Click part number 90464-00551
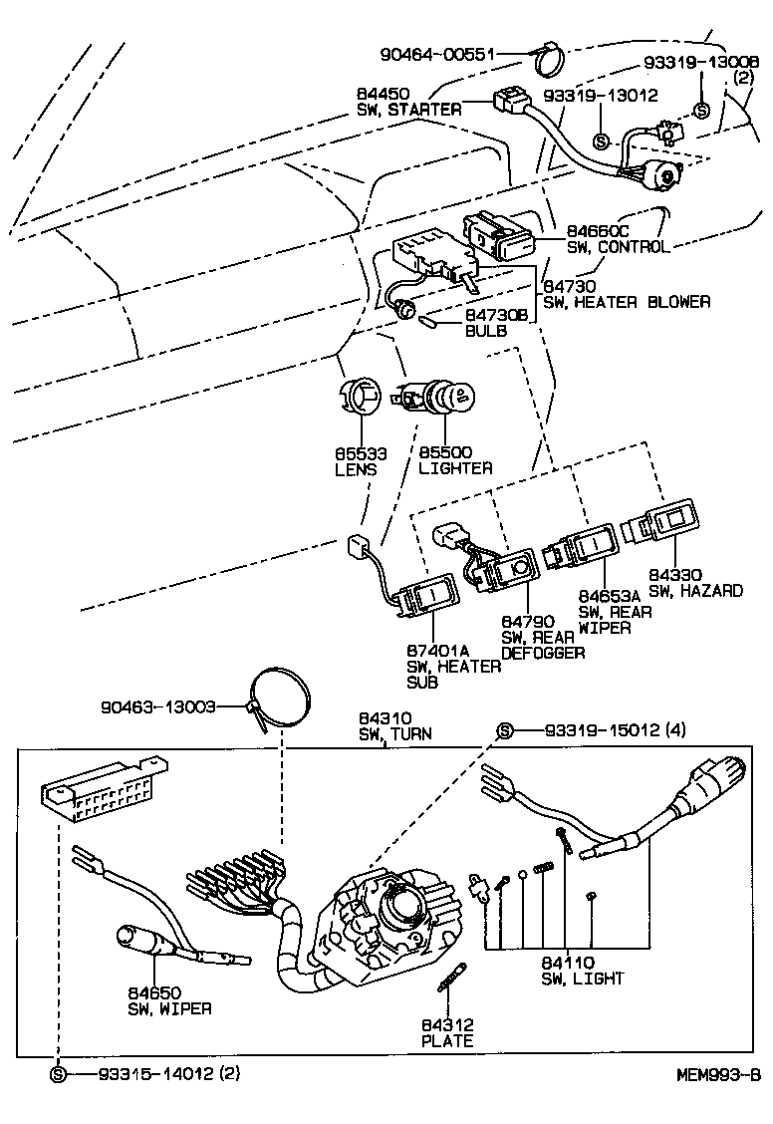point(438,54)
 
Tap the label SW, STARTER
point(408,109)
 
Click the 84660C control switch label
point(618,238)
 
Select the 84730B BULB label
point(496,322)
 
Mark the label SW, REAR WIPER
point(615,619)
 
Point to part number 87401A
point(436,650)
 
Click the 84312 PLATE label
point(445,1033)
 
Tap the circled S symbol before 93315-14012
point(58,1073)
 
